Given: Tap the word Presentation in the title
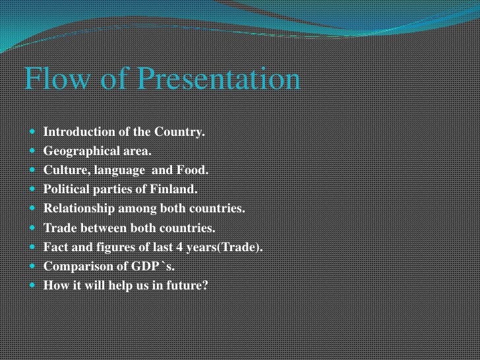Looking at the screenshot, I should pos(218,80).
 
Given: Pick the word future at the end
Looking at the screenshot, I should pos(187,285).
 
